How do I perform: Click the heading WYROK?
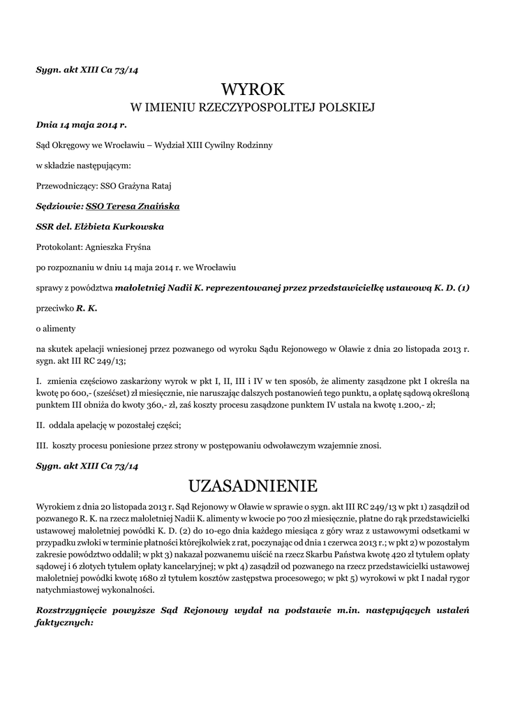(x=253, y=89)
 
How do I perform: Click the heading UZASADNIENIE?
(x=253, y=485)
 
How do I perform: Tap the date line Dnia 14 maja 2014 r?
(x=81, y=126)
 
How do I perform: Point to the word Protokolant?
(x=59, y=246)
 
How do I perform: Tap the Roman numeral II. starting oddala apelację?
(x=40, y=425)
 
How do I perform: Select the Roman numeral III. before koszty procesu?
(x=42, y=445)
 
